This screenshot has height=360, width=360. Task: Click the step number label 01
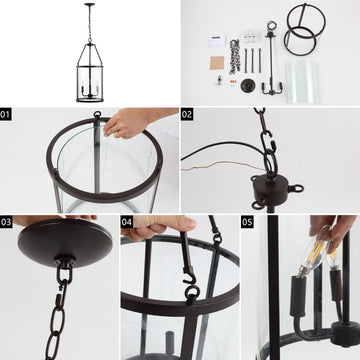point(6,115)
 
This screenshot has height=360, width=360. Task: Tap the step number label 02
point(187,115)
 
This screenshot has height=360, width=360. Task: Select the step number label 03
point(6,222)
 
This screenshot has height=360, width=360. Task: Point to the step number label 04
point(127,222)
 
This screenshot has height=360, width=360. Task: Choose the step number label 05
point(247,222)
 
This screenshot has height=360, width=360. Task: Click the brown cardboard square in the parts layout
point(217,63)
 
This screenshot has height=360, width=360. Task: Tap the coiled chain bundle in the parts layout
point(235,56)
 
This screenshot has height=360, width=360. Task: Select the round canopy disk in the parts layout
point(248,85)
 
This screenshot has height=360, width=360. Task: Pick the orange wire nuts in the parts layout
point(233,81)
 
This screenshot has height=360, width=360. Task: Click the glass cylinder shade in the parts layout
point(303,81)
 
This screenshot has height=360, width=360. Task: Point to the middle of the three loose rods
point(252,60)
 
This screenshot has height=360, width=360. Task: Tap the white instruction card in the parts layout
point(218,40)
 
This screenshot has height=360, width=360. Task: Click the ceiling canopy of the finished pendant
point(89,4)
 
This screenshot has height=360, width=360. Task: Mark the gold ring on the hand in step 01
point(116,134)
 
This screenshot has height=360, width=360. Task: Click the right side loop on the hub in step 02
point(296,189)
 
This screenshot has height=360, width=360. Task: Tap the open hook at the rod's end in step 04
point(190,278)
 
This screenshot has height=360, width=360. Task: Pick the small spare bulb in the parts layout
point(219,80)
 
